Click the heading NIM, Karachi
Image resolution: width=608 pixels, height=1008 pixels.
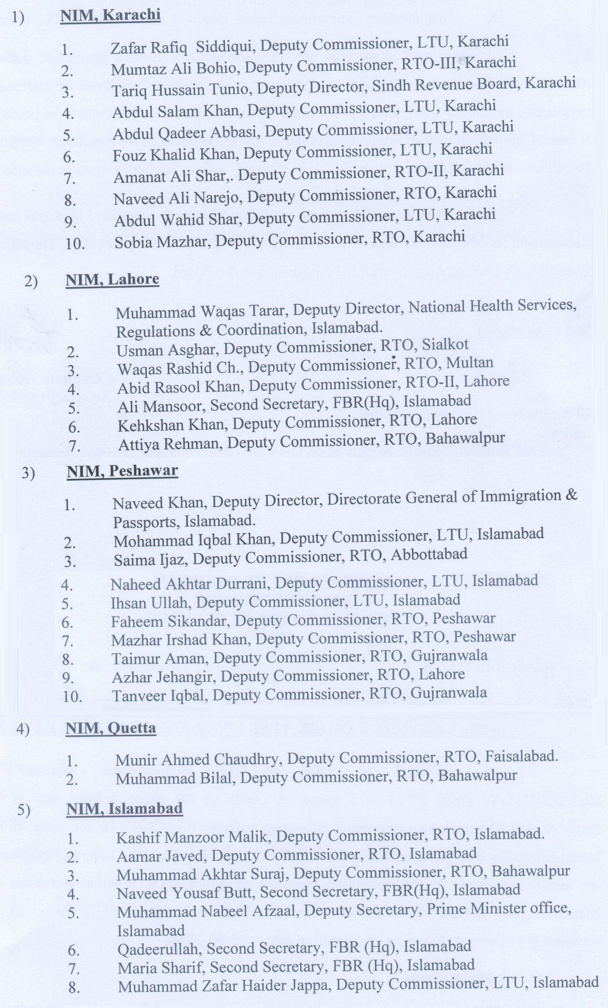point(110,16)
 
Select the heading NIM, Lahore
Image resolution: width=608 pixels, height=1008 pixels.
point(112,279)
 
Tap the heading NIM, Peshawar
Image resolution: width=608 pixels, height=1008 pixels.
point(122,471)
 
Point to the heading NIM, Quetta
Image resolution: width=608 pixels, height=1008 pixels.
point(111,728)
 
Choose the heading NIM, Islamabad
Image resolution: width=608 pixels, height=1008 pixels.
point(124,809)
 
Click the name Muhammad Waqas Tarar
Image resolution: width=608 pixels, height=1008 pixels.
point(201,311)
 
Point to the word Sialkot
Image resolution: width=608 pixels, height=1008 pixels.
point(445,345)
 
